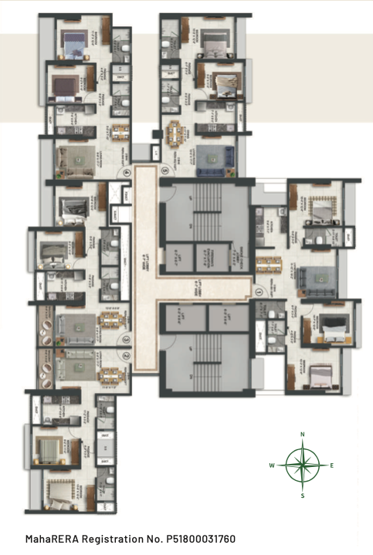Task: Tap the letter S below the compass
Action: coord(303,496)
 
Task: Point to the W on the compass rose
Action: coord(272,465)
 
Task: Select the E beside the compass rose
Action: coord(332,465)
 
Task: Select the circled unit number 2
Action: coord(125,355)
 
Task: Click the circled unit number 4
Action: coord(126,174)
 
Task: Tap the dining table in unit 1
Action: coord(267,265)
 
